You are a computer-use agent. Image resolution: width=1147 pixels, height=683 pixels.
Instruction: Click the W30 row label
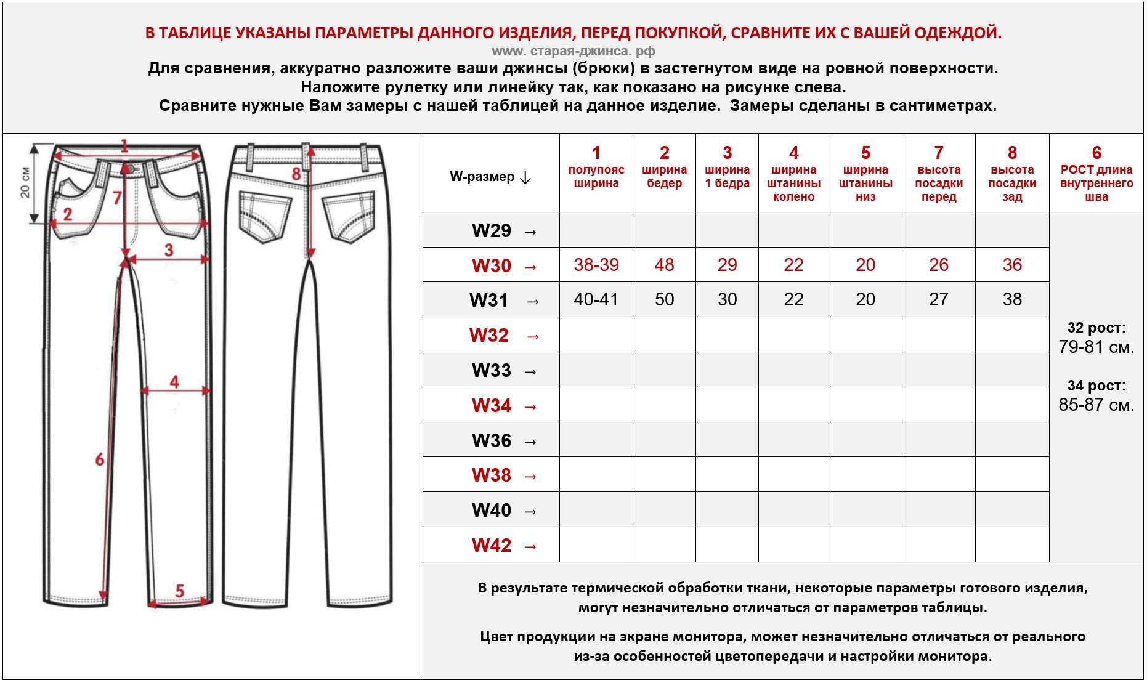point(492,265)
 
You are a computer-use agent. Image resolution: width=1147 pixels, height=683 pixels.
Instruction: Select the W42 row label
point(492,545)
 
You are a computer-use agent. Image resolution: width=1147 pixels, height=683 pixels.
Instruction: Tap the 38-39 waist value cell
point(596,265)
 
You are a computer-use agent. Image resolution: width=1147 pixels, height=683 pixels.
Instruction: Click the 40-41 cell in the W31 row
point(596,299)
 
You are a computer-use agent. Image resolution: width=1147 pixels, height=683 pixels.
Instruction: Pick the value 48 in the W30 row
point(664,265)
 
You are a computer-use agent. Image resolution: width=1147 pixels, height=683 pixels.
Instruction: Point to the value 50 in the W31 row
point(664,299)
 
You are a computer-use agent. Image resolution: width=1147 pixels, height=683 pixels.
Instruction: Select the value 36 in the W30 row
point(1012,265)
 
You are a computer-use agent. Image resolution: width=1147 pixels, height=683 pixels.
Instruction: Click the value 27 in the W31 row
point(938,299)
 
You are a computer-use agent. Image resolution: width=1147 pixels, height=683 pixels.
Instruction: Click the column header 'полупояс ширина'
point(596,176)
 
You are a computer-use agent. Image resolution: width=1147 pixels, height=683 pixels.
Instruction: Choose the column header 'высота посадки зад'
point(1012,183)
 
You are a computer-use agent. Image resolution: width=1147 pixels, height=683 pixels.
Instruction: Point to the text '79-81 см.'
point(1096,347)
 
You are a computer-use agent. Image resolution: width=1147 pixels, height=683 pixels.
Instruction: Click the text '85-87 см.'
point(1096,405)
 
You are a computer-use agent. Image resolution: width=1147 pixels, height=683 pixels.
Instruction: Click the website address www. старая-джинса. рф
point(573,51)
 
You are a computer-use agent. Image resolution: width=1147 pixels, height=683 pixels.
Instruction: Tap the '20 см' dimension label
point(25,182)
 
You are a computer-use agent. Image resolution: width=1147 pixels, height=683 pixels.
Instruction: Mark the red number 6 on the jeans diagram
point(100,459)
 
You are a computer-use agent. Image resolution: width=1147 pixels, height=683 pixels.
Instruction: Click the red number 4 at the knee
point(174,382)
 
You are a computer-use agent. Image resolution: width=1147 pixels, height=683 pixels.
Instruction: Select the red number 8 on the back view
point(296,174)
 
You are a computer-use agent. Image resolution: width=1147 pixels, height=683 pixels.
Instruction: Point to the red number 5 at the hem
point(179,591)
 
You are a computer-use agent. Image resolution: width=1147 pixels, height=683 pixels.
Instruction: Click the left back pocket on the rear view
point(265,216)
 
